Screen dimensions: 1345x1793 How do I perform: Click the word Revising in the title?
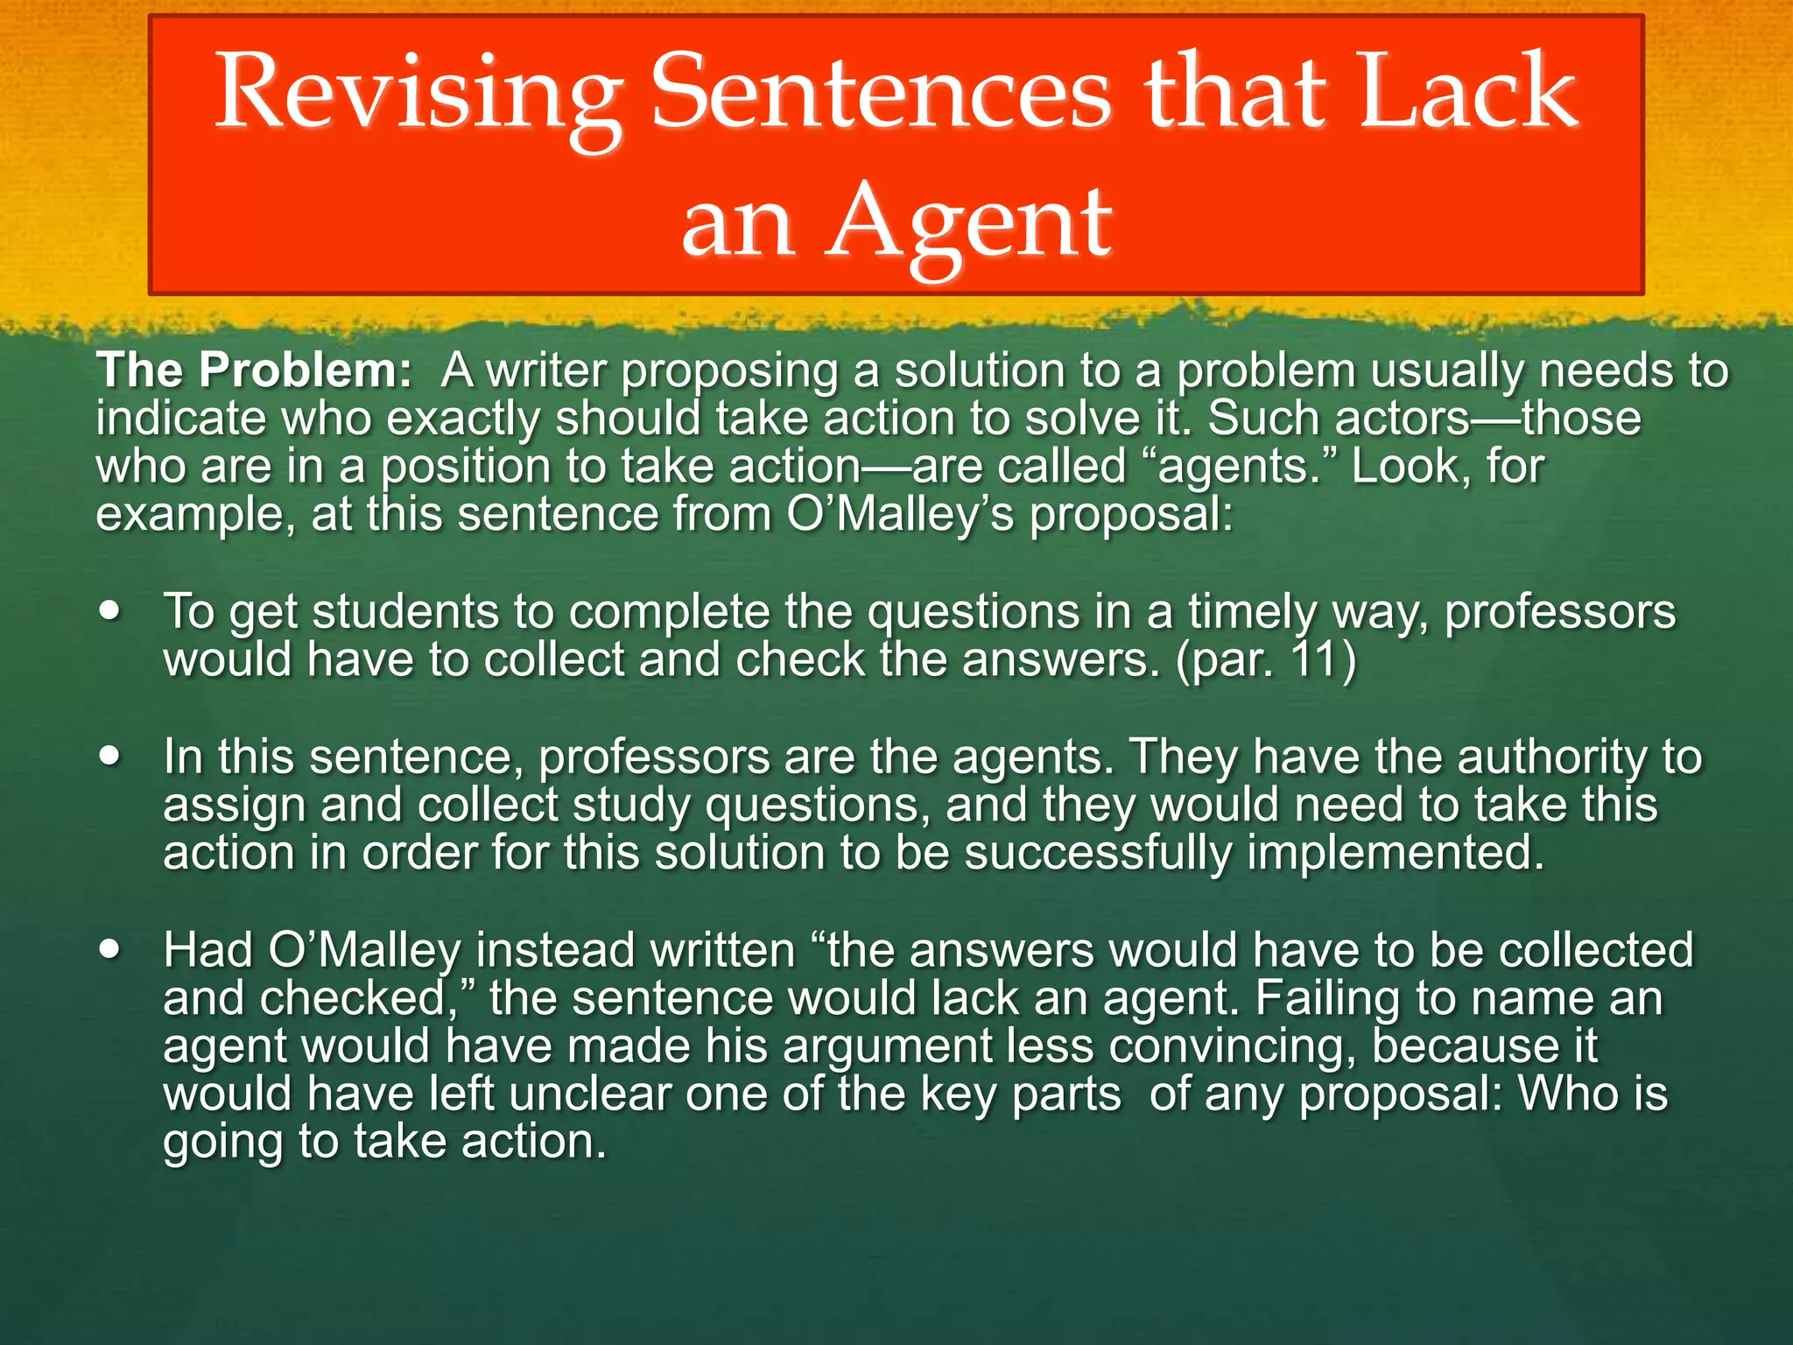[418, 95]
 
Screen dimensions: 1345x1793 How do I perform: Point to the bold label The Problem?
[254, 370]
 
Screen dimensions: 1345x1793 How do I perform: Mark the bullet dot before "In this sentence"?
[110, 756]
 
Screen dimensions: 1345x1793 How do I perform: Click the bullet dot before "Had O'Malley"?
[110, 949]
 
